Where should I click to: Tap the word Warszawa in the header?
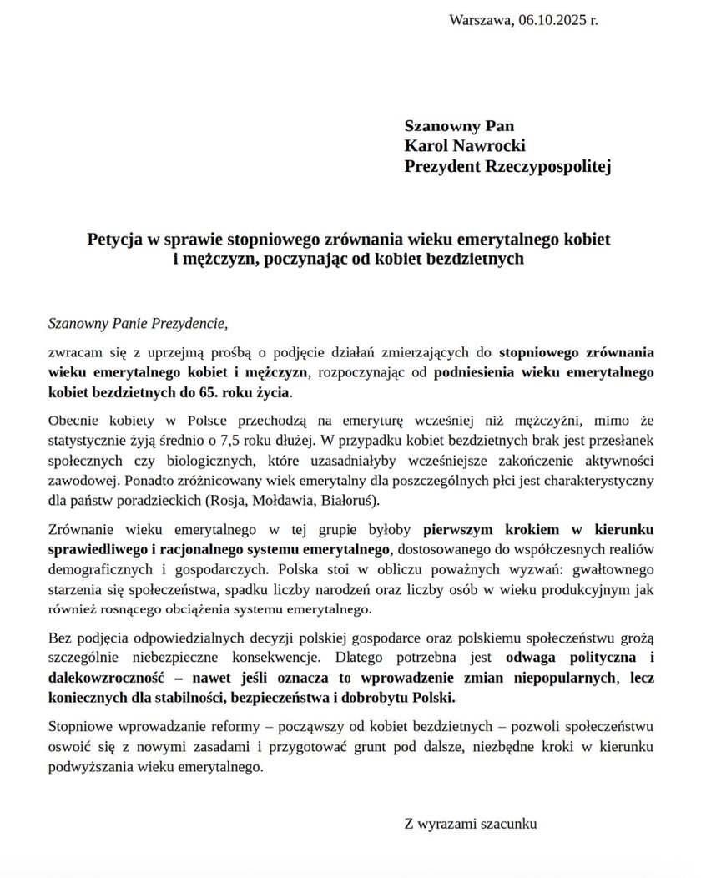click(x=480, y=20)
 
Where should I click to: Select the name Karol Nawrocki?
click(x=465, y=147)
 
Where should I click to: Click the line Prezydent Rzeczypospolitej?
click(x=507, y=167)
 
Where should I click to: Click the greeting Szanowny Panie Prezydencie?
click(x=138, y=320)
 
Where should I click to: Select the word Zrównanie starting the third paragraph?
click(x=83, y=529)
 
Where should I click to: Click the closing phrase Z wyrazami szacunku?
click(x=471, y=824)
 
